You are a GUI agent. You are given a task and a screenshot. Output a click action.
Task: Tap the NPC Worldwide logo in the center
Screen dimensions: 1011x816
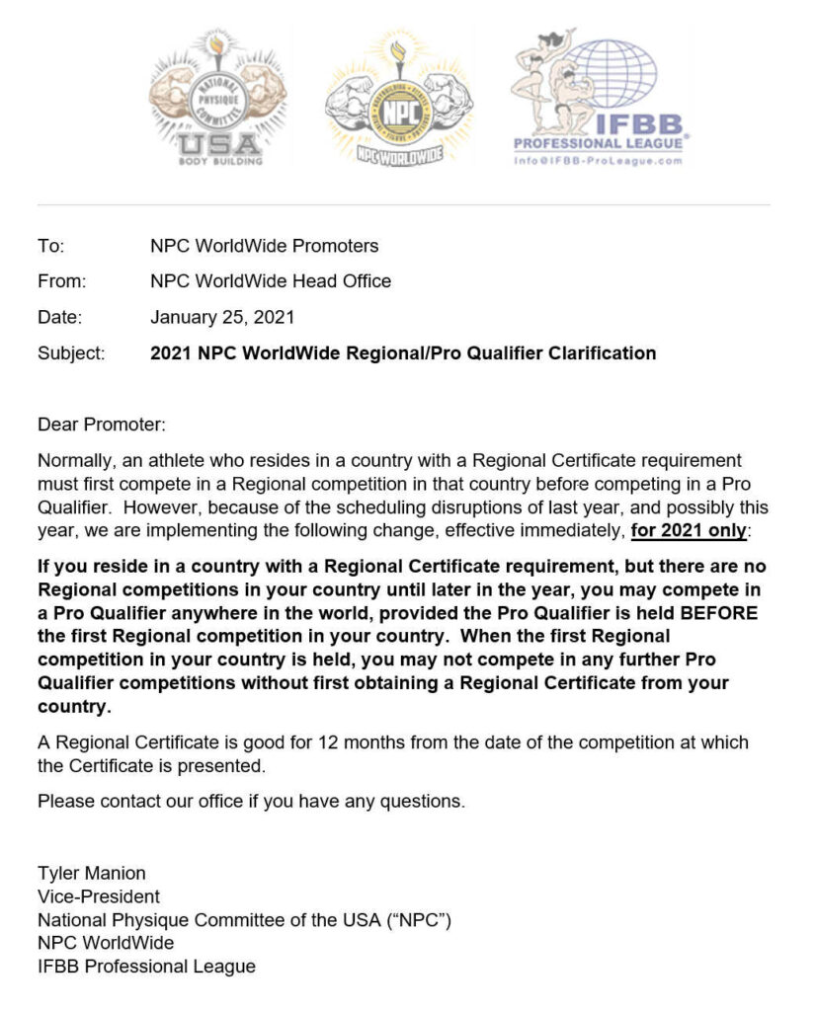click(x=398, y=101)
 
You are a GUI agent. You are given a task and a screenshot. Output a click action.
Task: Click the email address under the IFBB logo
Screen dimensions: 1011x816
click(x=600, y=161)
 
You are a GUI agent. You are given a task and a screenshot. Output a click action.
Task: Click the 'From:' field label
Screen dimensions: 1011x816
click(x=61, y=281)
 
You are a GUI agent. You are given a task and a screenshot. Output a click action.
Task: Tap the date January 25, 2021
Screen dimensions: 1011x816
click(x=222, y=317)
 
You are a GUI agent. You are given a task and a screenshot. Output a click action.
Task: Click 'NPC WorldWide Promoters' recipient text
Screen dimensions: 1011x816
click(x=264, y=246)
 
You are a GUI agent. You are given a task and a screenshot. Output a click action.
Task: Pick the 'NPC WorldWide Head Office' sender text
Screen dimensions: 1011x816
click(x=271, y=281)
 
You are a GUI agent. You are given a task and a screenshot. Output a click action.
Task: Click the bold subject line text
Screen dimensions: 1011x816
click(x=403, y=352)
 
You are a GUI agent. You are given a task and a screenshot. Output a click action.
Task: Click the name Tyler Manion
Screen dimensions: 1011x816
click(x=91, y=873)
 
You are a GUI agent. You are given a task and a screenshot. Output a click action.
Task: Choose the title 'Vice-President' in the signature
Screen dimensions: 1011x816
click(x=99, y=896)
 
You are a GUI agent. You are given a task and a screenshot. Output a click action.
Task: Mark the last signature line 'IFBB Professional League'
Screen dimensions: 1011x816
click(x=146, y=967)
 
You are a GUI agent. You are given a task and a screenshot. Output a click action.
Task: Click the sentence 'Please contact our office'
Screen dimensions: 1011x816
click(x=251, y=801)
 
